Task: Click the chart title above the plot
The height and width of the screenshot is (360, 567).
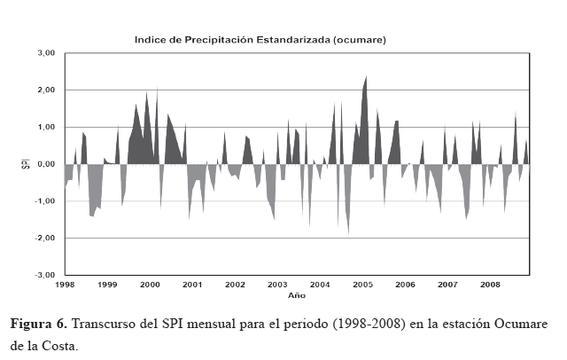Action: tap(260, 40)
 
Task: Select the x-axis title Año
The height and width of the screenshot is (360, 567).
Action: tap(296, 293)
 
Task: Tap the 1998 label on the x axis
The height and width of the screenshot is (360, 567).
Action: tap(65, 285)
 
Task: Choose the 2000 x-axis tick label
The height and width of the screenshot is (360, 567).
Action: tap(150, 285)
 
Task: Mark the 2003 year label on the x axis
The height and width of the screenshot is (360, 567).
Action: tap(277, 285)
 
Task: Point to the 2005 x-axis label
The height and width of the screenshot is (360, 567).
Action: tap(362, 285)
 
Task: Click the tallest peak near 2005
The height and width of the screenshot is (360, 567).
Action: tap(365, 77)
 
